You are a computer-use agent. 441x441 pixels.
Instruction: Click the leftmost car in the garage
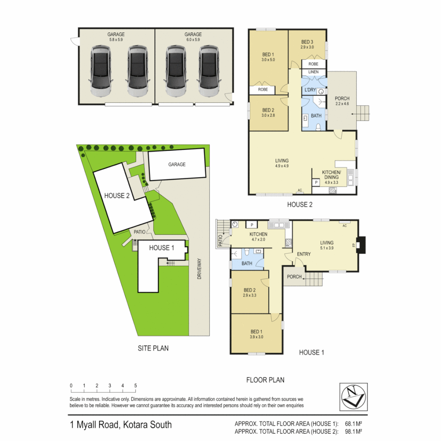pyautogui.click(x=100, y=71)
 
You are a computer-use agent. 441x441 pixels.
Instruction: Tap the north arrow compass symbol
pyautogui.click(x=353, y=396)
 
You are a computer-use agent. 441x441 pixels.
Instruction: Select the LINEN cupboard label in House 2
pyautogui.click(x=313, y=72)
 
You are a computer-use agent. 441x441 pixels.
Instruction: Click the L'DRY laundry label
pyautogui.click(x=309, y=90)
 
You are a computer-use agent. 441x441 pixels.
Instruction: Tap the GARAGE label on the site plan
pyautogui.click(x=176, y=165)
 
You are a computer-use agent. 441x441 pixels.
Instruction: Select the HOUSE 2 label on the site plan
pyautogui.click(x=117, y=196)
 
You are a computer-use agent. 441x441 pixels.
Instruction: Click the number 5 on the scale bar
pyautogui.click(x=135, y=385)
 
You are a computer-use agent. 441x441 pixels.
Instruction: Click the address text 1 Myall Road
pyautogui.click(x=120, y=425)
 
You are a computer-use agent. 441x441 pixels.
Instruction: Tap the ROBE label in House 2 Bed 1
pyautogui.click(x=263, y=89)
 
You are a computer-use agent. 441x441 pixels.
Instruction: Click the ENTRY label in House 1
pyautogui.click(x=304, y=254)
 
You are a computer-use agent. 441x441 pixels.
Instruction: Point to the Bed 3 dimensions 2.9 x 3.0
pyautogui.click(x=307, y=47)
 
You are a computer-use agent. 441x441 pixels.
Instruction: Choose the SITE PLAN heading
pyautogui.click(x=153, y=348)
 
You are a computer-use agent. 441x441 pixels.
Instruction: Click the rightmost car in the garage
pyautogui.click(x=209, y=71)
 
